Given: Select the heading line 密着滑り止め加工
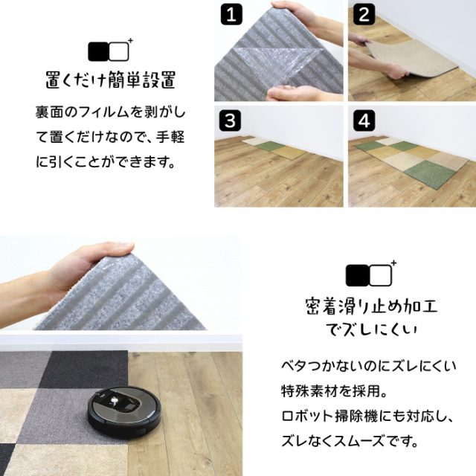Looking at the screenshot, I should click(361, 305).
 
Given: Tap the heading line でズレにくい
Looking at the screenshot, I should click(361, 328).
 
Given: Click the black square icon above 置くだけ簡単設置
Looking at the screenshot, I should click(98, 51).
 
